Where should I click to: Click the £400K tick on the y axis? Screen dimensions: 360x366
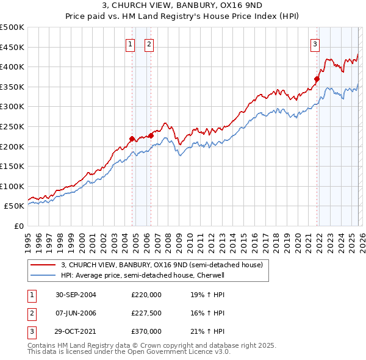tap(12, 67)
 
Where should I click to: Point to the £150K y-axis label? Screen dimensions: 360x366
tap(12, 166)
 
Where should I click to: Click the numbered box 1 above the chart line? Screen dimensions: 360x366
tap(131, 44)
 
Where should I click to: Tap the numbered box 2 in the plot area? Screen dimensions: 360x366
tap(149, 44)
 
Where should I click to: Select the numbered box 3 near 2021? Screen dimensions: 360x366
tap(315, 44)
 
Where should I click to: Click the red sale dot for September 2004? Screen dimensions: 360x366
tap(132, 139)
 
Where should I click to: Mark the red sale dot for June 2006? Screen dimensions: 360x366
tap(151, 135)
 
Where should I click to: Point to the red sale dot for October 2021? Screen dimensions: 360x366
tap(317, 79)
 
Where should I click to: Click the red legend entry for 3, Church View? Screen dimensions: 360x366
tap(162, 265)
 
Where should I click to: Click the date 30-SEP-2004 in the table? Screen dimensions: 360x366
tap(76, 294)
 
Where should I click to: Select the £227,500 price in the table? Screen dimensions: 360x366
tap(146, 313)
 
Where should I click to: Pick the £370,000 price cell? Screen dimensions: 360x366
tap(146, 331)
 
